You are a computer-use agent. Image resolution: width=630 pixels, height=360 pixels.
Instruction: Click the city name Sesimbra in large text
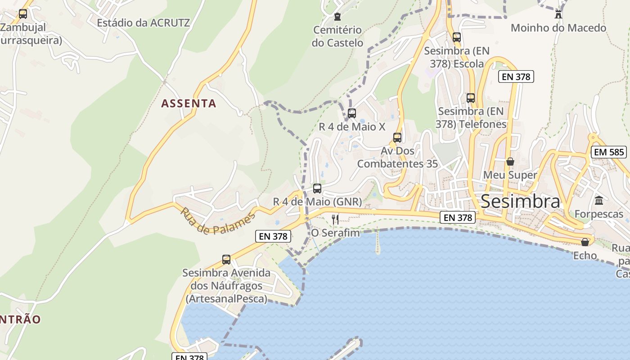point(521,201)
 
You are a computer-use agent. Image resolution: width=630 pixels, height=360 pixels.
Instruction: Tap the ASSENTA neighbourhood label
point(189,103)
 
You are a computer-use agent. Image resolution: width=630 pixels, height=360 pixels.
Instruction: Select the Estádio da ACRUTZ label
point(144,22)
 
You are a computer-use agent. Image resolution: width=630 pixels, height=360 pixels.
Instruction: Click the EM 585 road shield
point(609,152)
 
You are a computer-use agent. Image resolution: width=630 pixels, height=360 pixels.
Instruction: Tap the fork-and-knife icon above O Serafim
point(335,219)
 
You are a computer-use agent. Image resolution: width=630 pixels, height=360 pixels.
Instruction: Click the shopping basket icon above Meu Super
point(510,161)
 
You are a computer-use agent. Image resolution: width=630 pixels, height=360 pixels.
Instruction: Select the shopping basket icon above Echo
point(585,242)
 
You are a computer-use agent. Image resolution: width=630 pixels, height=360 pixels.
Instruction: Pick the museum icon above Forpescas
point(599,200)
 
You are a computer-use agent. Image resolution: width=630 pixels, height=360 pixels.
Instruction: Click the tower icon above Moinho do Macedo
point(558,13)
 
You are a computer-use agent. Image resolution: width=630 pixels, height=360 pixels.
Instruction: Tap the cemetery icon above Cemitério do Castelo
point(337,17)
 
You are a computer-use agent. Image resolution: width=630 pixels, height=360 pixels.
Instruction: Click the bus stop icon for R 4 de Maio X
point(352,113)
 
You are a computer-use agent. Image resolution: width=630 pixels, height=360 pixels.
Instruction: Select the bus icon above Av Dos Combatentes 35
point(397,137)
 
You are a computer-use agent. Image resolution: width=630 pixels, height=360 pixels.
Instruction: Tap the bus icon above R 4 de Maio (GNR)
point(317,188)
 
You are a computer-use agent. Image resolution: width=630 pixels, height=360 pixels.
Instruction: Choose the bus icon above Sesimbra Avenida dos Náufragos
point(226,259)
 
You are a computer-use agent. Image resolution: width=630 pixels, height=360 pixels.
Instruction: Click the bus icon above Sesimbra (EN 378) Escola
point(457,37)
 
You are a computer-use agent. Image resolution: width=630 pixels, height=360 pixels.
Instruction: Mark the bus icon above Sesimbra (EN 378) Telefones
point(471,98)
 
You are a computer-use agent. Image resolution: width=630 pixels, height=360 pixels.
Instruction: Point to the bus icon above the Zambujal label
point(23,14)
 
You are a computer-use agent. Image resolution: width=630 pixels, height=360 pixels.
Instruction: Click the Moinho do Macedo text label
point(558,28)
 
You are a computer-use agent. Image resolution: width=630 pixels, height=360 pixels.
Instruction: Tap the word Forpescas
point(599,214)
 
